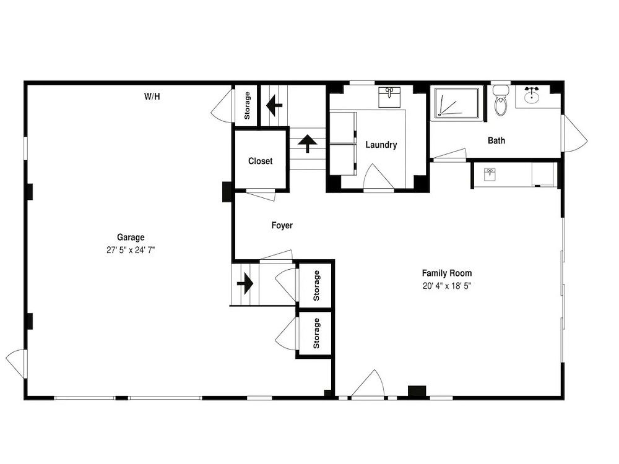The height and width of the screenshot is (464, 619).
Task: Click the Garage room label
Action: point(130,237)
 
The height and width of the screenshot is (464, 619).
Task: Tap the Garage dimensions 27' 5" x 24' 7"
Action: point(131,250)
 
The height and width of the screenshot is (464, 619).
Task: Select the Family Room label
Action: point(447,273)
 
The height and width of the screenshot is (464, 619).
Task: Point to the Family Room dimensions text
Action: point(447,286)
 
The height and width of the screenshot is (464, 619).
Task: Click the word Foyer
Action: point(282,225)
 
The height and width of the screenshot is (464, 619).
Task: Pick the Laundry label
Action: point(381,145)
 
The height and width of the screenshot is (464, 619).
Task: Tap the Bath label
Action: point(496,140)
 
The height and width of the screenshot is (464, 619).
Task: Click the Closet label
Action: point(260,161)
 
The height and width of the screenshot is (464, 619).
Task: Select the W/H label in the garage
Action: point(152,97)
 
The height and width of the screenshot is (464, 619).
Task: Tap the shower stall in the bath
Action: point(459,103)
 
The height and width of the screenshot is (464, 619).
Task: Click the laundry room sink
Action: point(389,97)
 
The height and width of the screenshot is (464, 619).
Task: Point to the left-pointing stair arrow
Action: point(274,105)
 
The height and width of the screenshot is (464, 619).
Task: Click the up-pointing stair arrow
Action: point(307,144)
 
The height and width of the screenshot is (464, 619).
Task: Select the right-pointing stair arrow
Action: point(245,284)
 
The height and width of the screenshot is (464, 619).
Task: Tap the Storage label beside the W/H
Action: point(247,106)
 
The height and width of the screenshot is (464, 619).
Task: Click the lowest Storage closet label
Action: point(316,333)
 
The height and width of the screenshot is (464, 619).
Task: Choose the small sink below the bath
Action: point(490,174)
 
